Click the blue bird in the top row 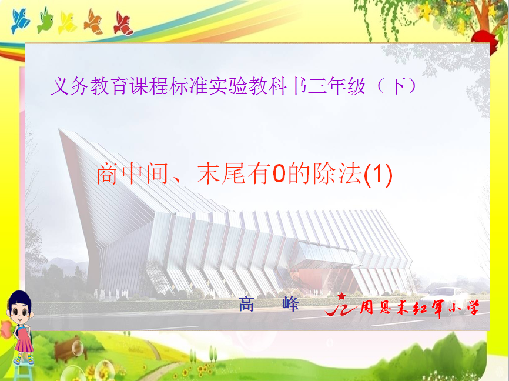(20, 21)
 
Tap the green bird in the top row (45, 20)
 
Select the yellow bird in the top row (67, 23)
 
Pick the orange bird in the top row (93, 22)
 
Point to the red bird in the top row (123, 24)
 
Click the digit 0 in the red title (279, 174)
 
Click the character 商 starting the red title (106, 174)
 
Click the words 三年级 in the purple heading (337, 86)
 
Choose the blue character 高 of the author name (246, 305)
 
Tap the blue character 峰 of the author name (290, 305)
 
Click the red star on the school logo (341, 296)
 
